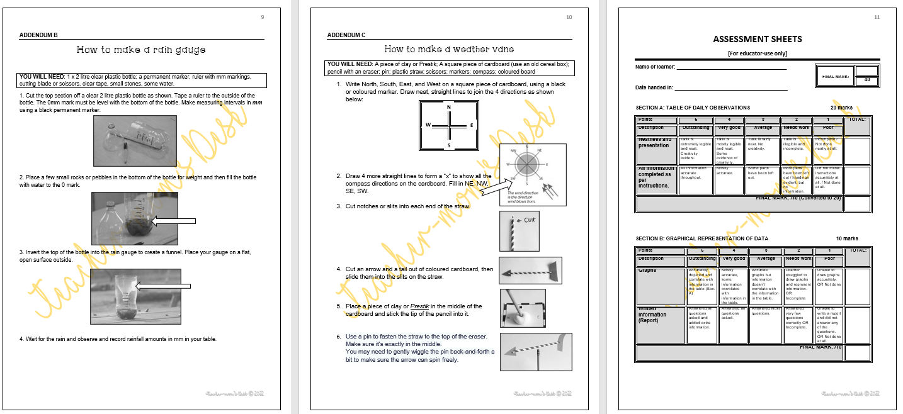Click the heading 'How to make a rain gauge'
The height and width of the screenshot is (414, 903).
click(141, 49)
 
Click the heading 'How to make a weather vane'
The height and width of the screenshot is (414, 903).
click(447, 49)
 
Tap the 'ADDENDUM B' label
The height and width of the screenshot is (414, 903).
click(38, 35)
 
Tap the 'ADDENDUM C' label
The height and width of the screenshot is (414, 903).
click(346, 35)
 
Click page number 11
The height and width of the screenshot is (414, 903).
click(877, 17)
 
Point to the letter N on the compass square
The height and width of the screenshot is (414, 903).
click(449, 107)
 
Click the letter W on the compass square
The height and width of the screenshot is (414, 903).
click(428, 125)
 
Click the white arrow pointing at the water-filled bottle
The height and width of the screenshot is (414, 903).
click(174, 221)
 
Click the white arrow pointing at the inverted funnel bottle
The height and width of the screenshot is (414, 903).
click(163, 287)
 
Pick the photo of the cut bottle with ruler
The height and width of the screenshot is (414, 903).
click(134, 141)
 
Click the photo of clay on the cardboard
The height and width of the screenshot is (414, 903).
click(523, 308)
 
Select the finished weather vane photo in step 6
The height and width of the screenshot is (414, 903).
click(536, 352)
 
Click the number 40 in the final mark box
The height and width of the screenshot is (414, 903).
click(866, 81)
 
